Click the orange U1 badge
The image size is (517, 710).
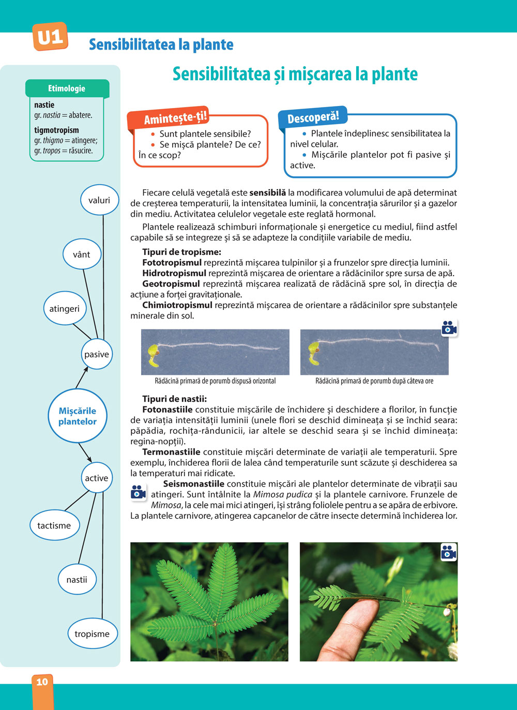point(50,37)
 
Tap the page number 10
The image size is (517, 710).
point(42,682)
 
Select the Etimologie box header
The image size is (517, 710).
point(67,88)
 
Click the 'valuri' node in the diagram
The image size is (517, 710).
point(99,200)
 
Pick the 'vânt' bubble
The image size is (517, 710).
point(81,254)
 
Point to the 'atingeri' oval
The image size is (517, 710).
point(65,309)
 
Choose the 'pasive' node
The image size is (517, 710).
point(97,354)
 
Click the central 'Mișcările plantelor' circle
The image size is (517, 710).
point(78,416)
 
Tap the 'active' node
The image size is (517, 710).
point(97,478)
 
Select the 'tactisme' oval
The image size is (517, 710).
point(54,525)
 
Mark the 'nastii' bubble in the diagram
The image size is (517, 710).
point(77,580)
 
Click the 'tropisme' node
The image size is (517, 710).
point(92,634)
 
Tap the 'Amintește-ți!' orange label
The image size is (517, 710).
point(175,118)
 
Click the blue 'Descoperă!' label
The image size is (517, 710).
point(313,117)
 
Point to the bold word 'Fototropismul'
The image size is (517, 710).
point(172,263)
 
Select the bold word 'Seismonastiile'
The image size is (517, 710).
point(193,484)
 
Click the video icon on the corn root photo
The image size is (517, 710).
point(449,328)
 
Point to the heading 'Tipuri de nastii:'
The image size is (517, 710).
point(174,399)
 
